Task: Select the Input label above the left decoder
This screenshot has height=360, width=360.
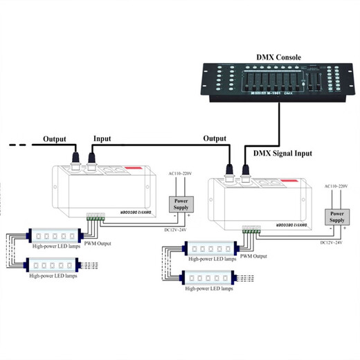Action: tap(101, 138)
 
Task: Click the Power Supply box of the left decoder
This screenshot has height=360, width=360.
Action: tap(181, 203)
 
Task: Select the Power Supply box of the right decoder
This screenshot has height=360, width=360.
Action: tap(337, 219)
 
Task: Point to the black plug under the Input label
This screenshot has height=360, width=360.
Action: tap(91, 161)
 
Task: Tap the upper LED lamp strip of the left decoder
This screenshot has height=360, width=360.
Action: tap(53, 235)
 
